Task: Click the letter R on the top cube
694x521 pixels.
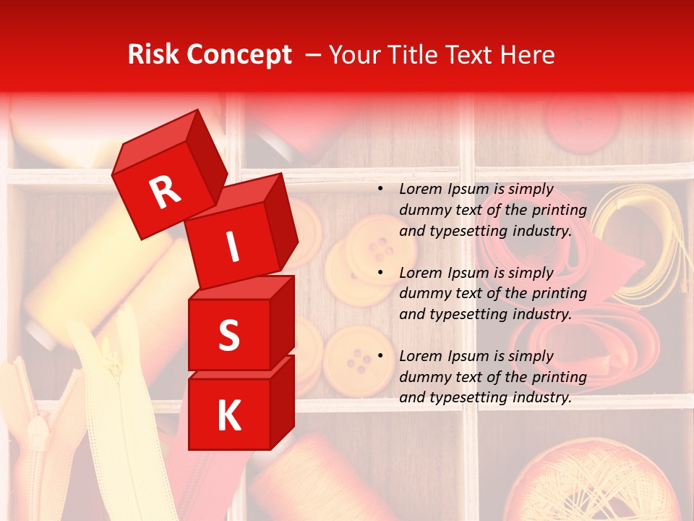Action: (166, 192)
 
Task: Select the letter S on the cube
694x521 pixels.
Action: (228, 335)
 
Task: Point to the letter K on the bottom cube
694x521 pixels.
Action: (228, 416)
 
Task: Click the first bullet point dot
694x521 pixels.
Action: (380, 190)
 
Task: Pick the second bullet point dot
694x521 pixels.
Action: (380, 273)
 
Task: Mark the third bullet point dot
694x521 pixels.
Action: (380, 356)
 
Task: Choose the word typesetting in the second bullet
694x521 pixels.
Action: (465, 315)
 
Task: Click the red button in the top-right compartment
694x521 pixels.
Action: (577, 123)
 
